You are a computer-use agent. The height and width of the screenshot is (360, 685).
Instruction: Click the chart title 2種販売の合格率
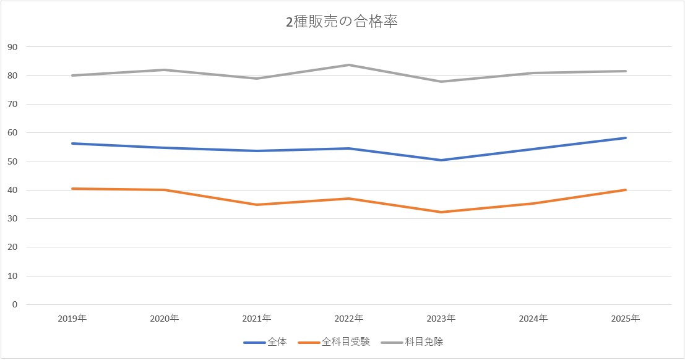pos(342,22)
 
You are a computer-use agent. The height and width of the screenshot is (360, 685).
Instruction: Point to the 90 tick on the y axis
pos(12,47)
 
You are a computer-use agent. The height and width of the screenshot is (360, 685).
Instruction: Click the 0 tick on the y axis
pos(14,304)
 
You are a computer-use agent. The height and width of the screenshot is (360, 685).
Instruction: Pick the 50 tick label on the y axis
pos(12,161)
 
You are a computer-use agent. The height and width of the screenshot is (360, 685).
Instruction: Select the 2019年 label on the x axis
pos(72,319)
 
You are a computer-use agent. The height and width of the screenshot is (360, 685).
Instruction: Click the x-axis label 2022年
pos(349,319)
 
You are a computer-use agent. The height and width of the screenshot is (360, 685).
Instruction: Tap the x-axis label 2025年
pos(626,319)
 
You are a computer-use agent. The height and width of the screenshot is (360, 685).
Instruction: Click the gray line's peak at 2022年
pos(349,65)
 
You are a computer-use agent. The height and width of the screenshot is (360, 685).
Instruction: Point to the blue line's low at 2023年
pos(441,160)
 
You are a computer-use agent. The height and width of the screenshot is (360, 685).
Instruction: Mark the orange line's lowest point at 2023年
pos(441,212)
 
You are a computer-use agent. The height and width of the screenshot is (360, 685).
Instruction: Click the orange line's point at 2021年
pos(257,205)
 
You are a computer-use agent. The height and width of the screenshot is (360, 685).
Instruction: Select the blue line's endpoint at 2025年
pos(626,138)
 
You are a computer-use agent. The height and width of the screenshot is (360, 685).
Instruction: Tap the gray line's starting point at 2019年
pos(72,75)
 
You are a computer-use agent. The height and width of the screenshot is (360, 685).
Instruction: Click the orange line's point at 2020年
pos(165,190)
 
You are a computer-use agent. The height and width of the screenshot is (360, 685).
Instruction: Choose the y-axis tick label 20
pos(12,247)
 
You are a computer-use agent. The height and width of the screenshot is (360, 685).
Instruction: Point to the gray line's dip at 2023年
pos(441,82)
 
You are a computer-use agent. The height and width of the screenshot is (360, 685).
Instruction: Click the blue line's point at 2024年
pos(533,149)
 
